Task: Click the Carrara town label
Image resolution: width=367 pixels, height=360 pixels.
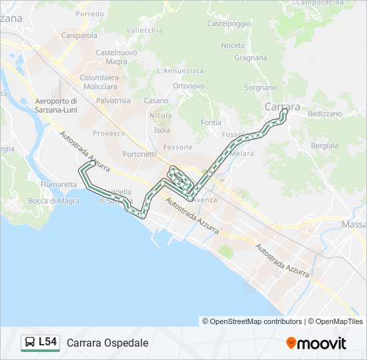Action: [282, 107]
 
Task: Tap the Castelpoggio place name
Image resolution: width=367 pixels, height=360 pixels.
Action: [230, 23]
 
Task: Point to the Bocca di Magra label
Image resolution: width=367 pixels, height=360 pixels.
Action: [54, 201]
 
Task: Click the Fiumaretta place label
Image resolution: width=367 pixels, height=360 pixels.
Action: [59, 184]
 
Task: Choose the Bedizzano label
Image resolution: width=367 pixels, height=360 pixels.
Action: [325, 114]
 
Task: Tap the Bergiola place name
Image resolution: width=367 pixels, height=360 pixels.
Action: [325, 145]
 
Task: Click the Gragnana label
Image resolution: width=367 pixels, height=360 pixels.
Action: [251, 58]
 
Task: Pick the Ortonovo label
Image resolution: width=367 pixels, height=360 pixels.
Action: [188, 86]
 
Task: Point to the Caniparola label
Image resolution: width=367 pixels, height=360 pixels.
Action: [79, 35]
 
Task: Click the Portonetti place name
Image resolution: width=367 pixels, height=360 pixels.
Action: [140, 154]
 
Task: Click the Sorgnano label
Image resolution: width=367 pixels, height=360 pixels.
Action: [260, 87]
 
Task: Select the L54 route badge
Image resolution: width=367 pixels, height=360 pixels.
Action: [47, 342]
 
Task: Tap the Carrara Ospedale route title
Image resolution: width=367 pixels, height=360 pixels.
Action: [107, 343]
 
